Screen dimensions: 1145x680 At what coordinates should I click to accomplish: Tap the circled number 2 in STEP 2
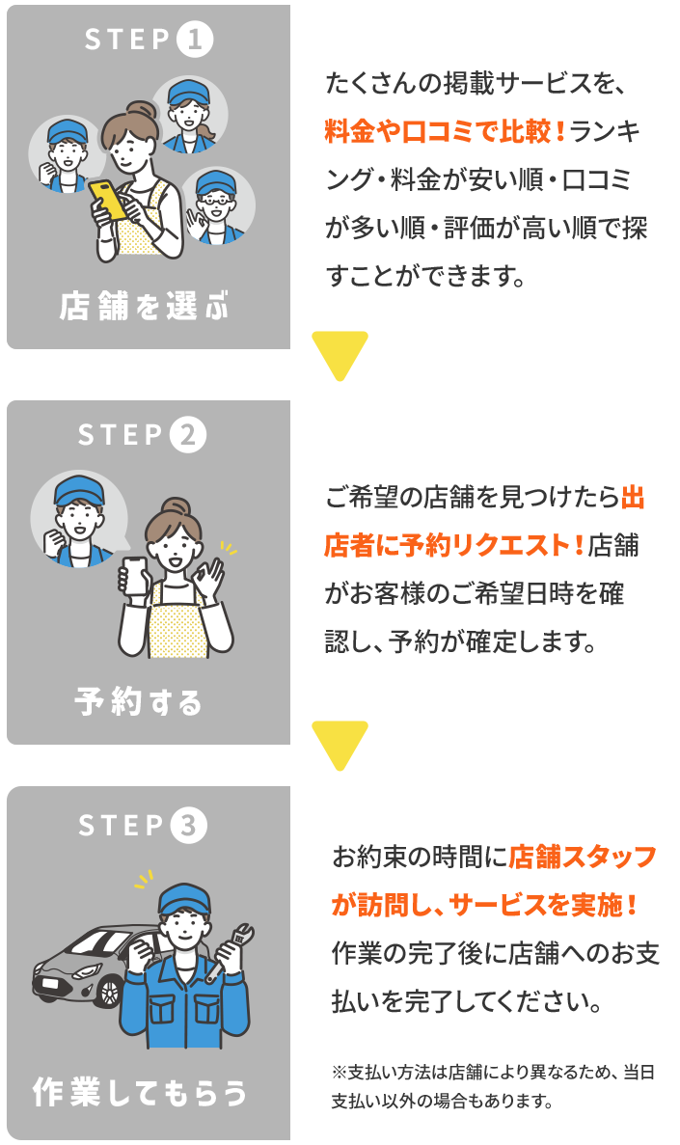tap(187, 436)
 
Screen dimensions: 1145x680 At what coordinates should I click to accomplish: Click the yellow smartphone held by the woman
tap(108, 198)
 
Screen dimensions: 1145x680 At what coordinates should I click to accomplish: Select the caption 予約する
tap(140, 702)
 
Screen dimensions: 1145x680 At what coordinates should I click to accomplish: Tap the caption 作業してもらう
tap(141, 1094)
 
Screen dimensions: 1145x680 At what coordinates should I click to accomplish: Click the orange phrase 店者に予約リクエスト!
tap(453, 546)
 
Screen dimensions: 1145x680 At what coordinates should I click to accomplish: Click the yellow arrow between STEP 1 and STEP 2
tap(340, 353)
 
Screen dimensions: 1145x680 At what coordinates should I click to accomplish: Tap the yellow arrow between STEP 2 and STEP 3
tap(340, 744)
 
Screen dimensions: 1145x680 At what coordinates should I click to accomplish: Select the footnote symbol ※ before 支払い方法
tap(339, 1072)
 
